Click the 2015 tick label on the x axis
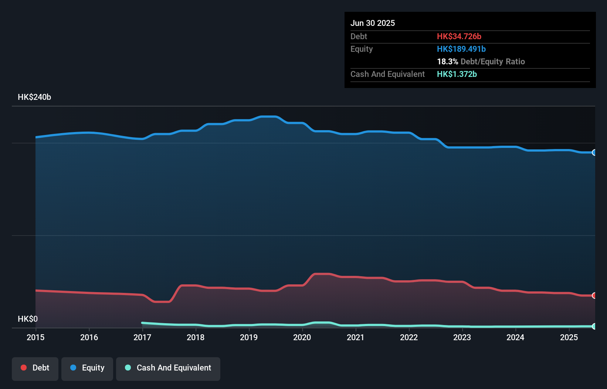35,337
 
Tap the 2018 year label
196,337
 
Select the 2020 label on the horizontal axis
302,337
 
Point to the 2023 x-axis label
462,337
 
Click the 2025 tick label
569,337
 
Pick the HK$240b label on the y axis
34,97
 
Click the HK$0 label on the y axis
28,319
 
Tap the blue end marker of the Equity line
594,152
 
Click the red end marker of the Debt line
594,295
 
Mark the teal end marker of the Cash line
594,326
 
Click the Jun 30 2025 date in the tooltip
373,23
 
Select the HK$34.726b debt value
459,36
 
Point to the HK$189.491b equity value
461,49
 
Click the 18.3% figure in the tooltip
447,61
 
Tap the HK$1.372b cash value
457,74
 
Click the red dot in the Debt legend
24,368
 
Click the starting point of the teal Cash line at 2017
143,323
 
